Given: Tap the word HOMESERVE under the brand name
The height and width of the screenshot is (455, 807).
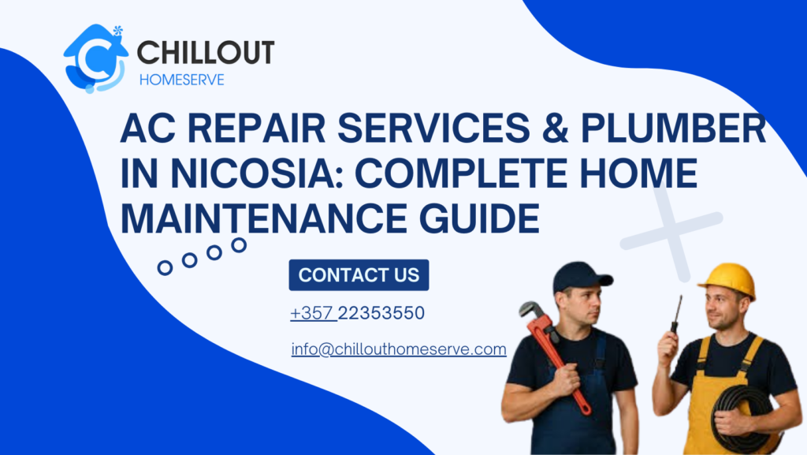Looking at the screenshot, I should tap(181, 80).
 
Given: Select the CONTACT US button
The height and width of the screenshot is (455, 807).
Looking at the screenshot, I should tap(359, 275).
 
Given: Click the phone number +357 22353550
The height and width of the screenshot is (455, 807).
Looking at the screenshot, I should tap(357, 313).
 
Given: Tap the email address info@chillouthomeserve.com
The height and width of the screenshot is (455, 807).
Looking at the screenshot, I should tap(398, 349).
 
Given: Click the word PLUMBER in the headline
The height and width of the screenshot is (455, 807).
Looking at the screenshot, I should tap(675, 129).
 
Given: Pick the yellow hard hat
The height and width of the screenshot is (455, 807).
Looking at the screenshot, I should tap(727, 278).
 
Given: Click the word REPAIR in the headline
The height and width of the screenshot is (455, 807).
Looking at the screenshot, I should tap(260, 129).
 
